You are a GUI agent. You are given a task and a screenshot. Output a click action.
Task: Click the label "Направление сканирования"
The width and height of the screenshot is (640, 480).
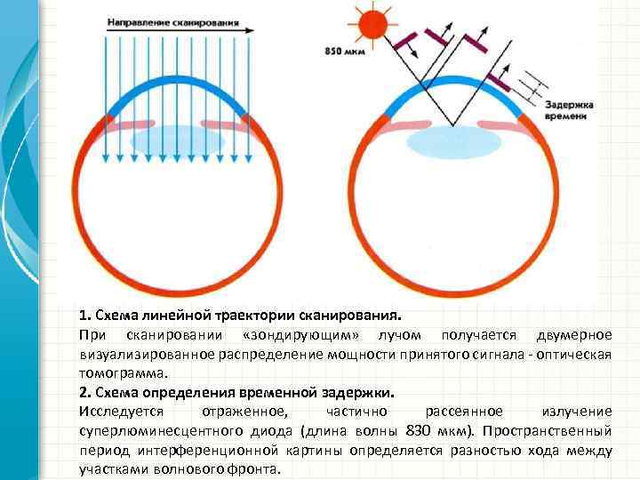tap(175, 19)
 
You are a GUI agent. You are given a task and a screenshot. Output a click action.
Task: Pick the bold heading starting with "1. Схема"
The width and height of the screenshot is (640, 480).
tap(240, 316)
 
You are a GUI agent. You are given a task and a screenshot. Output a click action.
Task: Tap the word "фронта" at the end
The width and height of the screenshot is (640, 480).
tap(255, 469)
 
